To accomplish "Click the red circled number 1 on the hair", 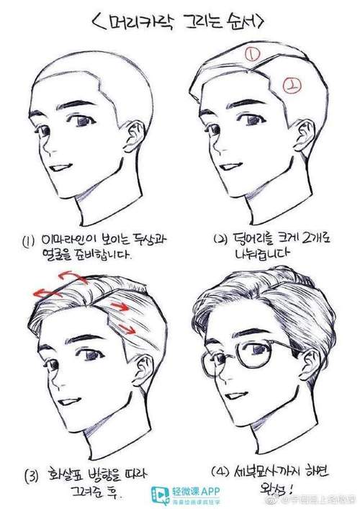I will coord(252,53).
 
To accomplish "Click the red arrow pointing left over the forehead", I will coord(45,292).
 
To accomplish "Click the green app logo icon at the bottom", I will coord(159,495).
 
